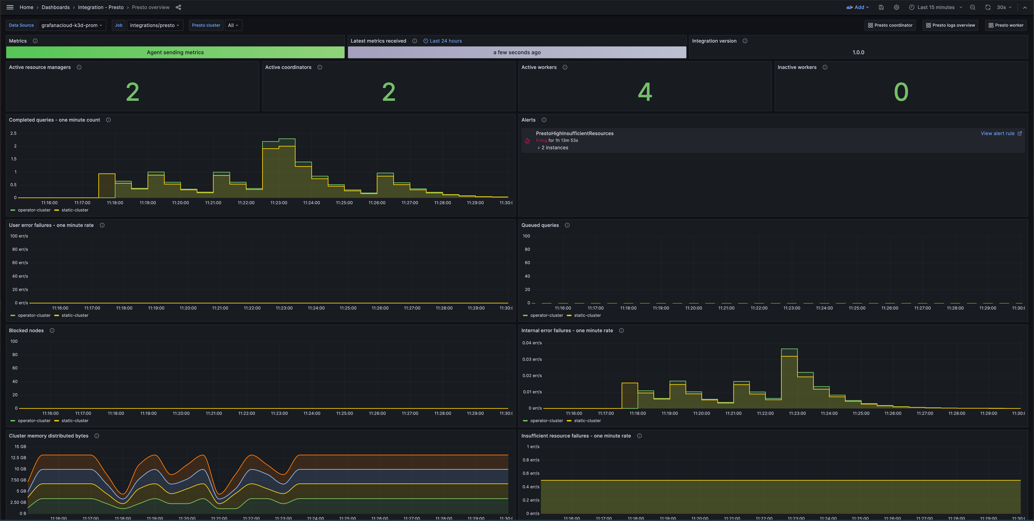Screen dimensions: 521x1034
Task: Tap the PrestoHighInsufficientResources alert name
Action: (x=574, y=133)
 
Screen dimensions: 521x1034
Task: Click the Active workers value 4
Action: (x=645, y=92)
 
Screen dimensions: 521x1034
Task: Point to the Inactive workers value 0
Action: (x=901, y=92)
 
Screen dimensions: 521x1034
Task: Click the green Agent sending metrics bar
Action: (x=175, y=52)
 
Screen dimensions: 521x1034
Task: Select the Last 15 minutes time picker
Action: (x=936, y=7)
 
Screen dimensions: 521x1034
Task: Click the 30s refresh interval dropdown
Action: (x=1004, y=7)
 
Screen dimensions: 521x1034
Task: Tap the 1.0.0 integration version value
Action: (x=858, y=52)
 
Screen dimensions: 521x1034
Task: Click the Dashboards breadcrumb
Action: (x=55, y=7)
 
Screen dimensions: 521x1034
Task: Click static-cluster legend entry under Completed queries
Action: (x=75, y=210)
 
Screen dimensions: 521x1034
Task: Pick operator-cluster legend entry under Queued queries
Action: (x=546, y=315)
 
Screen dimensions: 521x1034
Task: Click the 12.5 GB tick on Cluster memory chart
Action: (x=19, y=458)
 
